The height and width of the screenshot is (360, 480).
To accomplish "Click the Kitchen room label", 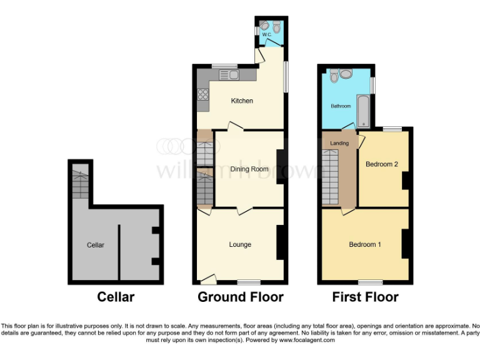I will tap(241, 101).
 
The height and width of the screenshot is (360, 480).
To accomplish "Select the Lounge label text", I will tap(240, 244).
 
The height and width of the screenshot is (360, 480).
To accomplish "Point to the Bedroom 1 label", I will tap(364, 244).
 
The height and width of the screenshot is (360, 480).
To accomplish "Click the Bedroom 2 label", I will tap(381, 164).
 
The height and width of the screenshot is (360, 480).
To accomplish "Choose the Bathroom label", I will tap(341, 106).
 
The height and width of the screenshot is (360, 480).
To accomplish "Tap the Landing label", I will tap(339, 143).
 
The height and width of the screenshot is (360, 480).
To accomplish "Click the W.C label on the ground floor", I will tap(266, 35).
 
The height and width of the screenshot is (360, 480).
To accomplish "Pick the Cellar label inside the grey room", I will tap(96, 245).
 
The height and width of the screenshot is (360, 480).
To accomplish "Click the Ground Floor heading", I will tap(241, 297).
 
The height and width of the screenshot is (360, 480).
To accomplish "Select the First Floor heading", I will tap(364, 297).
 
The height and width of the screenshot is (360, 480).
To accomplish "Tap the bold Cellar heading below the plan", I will tap(116, 297).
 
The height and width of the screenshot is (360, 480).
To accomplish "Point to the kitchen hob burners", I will tap(203, 95).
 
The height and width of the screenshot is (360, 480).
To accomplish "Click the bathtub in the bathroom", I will tap(364, 111).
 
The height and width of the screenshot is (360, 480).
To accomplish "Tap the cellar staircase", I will tap(79, 184).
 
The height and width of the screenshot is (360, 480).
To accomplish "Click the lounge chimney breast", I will tap(282, 242).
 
